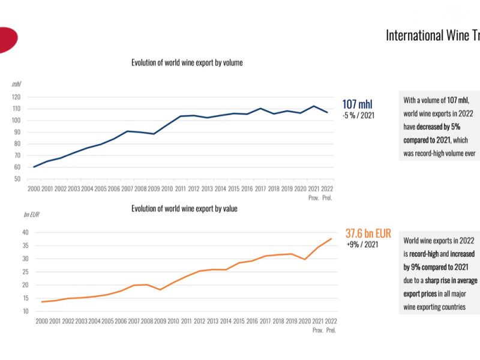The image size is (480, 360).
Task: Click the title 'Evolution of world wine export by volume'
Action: click(187, 62)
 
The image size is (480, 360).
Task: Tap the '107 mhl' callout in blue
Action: click(358, 104)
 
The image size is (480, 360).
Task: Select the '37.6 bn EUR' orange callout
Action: click(368, 233)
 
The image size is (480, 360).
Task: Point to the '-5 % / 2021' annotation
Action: click(358, 115)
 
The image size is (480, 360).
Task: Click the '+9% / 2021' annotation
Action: click(363, 245)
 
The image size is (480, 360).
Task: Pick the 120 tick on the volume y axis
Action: click(16, 97)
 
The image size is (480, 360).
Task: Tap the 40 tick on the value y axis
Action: click(26, 232)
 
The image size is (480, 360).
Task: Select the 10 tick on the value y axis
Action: click(26, 311)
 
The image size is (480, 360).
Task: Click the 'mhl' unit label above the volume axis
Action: click(16, 84)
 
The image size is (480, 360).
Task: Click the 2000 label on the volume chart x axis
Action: click(34, 189)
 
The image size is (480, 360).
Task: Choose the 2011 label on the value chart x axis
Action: click(187, 321)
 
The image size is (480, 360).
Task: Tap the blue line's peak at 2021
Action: click(313, 106)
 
